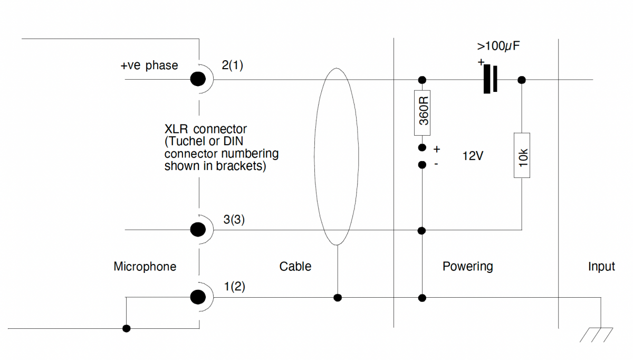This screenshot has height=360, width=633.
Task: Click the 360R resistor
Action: [x=423, y=110]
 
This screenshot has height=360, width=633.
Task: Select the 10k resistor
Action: [x=522, y=155]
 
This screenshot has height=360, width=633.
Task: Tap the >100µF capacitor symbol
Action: [x=491, y=80]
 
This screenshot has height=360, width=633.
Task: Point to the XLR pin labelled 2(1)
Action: [x=198, y=80]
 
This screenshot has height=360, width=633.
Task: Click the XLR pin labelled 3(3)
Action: [x=198, y=230]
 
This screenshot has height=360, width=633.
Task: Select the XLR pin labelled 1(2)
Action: [x=198, y=297]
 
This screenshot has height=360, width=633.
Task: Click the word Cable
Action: [x=295, y=267]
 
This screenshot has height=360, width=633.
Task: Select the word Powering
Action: [x=467, y=266]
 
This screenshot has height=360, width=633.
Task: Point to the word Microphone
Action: [x=145, y=267]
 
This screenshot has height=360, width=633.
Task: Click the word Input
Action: [x=601, y=267]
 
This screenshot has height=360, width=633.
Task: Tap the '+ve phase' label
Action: [x=149, y=66]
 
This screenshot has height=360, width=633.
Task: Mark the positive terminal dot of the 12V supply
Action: [x=422, y=148]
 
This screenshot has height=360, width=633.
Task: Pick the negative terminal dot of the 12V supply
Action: [x=422, y=165]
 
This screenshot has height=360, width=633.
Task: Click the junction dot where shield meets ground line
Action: [x=338, y=298]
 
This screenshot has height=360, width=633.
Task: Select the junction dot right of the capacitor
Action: [x=522, y=80]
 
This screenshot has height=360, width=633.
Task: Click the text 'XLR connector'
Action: [x=206, y=129]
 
